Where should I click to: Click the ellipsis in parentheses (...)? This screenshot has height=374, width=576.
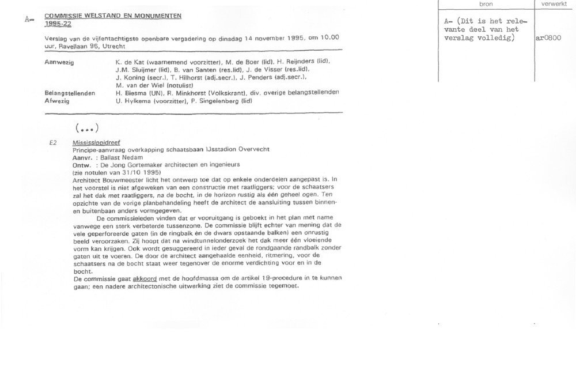pyautogui.click(x=87, y=127)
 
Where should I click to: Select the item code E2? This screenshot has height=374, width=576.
pyautogui.click(x=53, y=141)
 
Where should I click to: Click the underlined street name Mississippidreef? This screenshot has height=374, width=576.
pyautogui.click(x=93, y=141)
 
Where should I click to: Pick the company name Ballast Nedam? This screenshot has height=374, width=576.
pyautogui.click(x=118, y=157)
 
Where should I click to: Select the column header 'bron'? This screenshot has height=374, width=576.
pyautogui.click(x=486, y=4)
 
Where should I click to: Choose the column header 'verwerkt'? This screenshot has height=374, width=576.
pyautogui.click(x=554, y=4)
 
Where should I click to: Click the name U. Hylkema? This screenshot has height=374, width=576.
pyautogui.click(x=132, y=101)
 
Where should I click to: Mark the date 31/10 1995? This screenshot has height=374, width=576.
pyautogui.click(x=143, y=172)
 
